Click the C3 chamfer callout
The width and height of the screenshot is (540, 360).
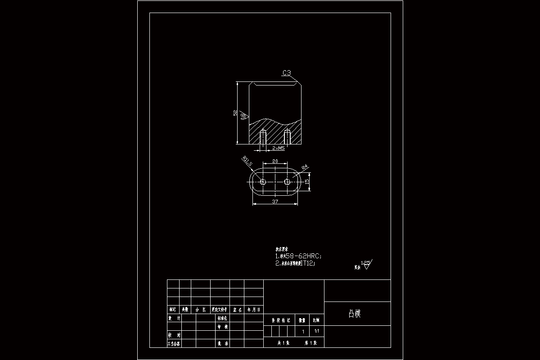click(x=287, y=73)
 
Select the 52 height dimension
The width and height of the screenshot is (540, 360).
click(x=235, y=113)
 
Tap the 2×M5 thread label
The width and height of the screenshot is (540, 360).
click(x=278, y=148)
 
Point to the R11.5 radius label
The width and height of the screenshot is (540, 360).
click(x=247, y=161)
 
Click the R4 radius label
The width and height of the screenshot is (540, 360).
click(x=305, y=167)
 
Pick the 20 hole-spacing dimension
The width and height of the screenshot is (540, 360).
click(x=275, y=161)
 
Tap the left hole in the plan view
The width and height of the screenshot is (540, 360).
click(x=263, y=182)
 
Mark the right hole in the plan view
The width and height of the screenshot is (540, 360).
click(x=287, y=182)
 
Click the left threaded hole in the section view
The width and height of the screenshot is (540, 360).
click(x=263, y=137)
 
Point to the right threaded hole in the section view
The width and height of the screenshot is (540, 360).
click(x=287, y=137)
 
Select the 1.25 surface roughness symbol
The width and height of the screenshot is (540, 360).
click(x=366, y=264)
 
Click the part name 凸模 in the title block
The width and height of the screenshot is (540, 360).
click(x=355, y=314)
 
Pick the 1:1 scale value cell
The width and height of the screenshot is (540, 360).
click(x=317, y=331)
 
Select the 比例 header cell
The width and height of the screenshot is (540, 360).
click(x=317, y=320)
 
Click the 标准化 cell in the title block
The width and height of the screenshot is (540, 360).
click(x=222, y=318)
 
